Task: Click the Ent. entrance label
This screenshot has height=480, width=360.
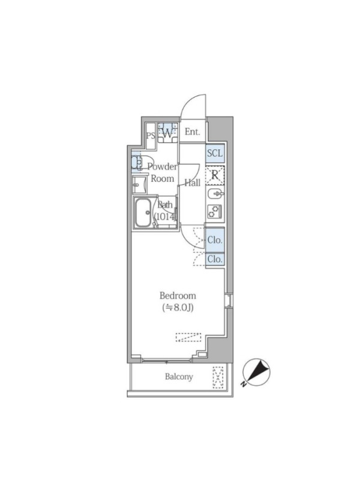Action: (192, 132)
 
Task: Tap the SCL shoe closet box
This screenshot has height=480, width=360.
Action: (215, 153)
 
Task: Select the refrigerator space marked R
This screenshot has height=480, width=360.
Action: (215, 176)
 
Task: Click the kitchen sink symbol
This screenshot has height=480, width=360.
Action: (215, 194)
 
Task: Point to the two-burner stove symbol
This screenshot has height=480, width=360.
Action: (215, 211)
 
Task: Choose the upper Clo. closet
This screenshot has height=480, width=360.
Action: (215, 239)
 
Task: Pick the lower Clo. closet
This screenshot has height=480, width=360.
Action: (215, 259)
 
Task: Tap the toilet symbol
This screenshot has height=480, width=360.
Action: (136, 162)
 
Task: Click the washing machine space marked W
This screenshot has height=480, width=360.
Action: (168, 131)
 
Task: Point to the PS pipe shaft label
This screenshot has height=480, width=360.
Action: (151, 135)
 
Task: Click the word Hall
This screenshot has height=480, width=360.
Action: (192, 183)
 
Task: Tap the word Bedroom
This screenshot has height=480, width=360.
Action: (178, 295)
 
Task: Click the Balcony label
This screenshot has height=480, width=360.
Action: (179, 377)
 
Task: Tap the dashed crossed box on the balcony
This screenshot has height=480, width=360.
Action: (219, 377)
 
